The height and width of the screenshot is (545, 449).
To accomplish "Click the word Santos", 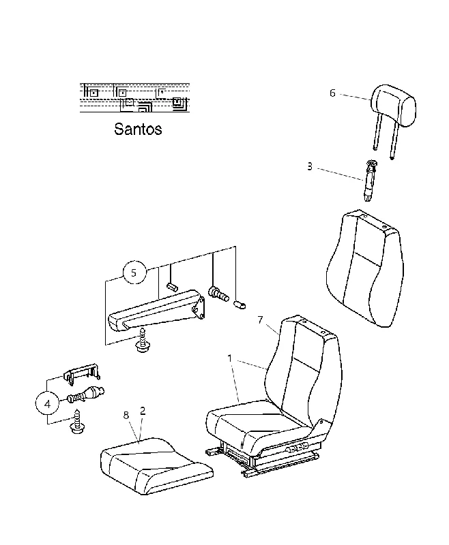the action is (x=138, y=129).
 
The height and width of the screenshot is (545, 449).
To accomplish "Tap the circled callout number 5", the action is (x=134, y=273).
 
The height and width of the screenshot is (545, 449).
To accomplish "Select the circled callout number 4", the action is (x=47, y=404).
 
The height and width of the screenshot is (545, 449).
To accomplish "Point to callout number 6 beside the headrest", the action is (x=332, y=93).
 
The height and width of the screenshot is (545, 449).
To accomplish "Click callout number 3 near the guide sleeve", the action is (x=309, y=166).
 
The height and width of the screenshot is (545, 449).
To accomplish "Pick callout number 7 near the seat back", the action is (x=261, y=320).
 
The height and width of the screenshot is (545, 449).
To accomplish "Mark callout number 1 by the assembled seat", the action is (x=229, y=358).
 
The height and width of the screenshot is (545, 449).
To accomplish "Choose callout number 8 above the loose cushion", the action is (x=126, y=415).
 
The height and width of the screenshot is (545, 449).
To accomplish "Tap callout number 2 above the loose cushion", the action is (x=143, y=411).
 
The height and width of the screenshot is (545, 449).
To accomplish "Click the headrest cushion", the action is (x=393, y=105).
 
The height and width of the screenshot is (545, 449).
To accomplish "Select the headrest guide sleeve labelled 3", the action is (x=369, y=181).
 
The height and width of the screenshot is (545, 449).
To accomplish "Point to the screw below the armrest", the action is (x=142, y=340).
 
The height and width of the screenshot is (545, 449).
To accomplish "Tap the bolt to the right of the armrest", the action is (x=218, y=294).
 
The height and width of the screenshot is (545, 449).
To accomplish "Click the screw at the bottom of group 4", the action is (x=77, y=422).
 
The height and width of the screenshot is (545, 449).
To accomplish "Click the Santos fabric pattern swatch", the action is (x=134, y=97).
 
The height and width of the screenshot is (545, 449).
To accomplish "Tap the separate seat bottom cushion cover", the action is (x=156, y=466).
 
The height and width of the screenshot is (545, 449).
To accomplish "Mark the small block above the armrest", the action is (x=172, y=287).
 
